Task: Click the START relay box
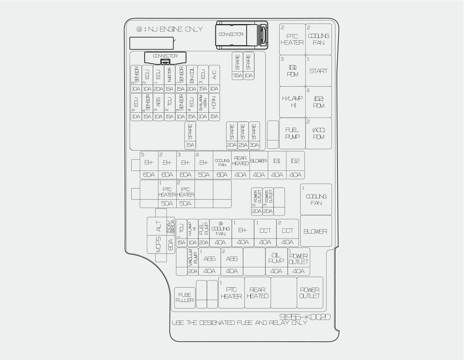tap(318, 71)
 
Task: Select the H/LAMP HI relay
tap(292, 102)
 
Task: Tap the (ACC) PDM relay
tap(318, 133)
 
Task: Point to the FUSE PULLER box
tap(185, 297)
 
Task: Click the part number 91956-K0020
tap(305, 317)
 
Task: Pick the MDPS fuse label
tap(158, 244)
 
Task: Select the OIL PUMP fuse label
tap(276, 258)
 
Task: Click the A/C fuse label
tap(214, 75)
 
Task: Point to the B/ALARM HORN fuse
tap(203, 103)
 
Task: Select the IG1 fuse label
tap(277, 161)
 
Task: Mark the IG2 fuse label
tap(295, 161)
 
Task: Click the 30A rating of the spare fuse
tap(254, 145)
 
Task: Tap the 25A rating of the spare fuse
tap(243, 145)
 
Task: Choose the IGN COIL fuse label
tap(192, 75)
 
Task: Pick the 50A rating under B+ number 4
tap(204, 175)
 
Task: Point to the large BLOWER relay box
tap(315, 231)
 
